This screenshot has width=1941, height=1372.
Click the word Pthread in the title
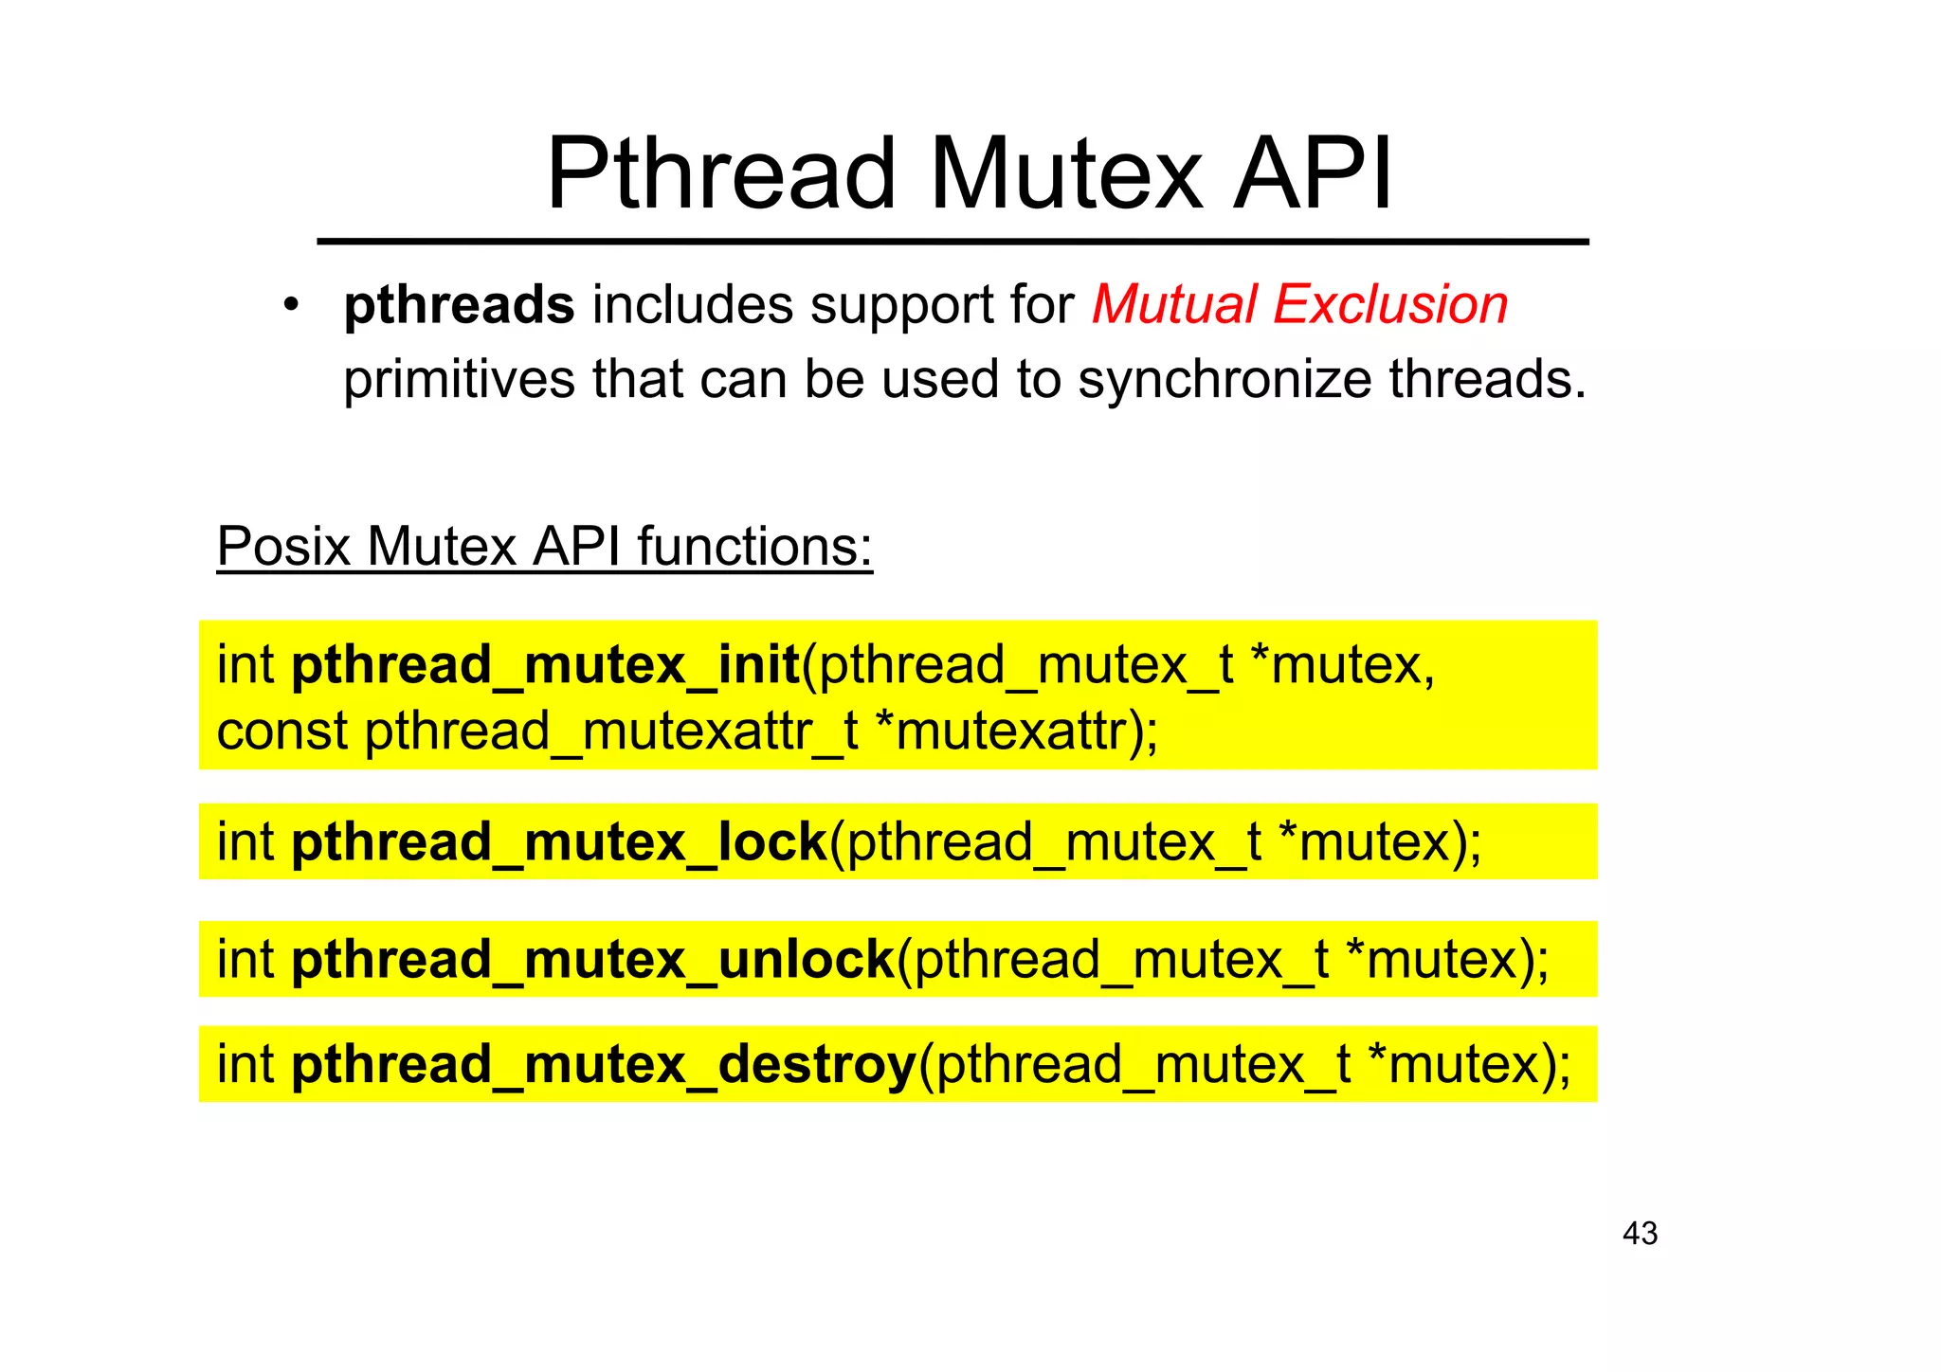pyautogui.click(x=720, y=175)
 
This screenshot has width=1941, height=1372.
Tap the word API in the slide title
pyautogui.click(x=1313, y=175)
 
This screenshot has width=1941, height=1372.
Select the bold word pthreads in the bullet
pyautogui.click(x=459, y=306)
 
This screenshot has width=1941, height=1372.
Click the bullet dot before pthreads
pyautogui.click(x=291, y=306)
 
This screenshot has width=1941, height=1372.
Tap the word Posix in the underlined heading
pyautogui.click(x=283, y=547)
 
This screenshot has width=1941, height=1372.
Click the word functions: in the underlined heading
pyautogui.click(x=753, y=547)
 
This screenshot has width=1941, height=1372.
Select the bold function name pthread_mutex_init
pyautogui.click(x=546, y=665)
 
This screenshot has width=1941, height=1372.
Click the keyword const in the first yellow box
pyautogui.click(x=282, y=731)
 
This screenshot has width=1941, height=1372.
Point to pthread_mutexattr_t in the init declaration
pyautogui.click(x=611, y=731)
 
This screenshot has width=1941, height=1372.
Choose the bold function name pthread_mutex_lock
pyautogui.click(x=559, y=842)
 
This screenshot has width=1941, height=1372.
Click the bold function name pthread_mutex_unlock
pyautogui.click(x=593, y=960)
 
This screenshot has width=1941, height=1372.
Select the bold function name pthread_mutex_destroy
pyautogui.click(x=604, y=1065)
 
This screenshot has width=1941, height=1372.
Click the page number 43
pyautogui.click(x=1640, y=1234)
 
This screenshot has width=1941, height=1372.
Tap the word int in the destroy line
pyautogui.click(x=245, y=1065)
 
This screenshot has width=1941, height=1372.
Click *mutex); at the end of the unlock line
pyautogui.click(x=1446, y=960)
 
